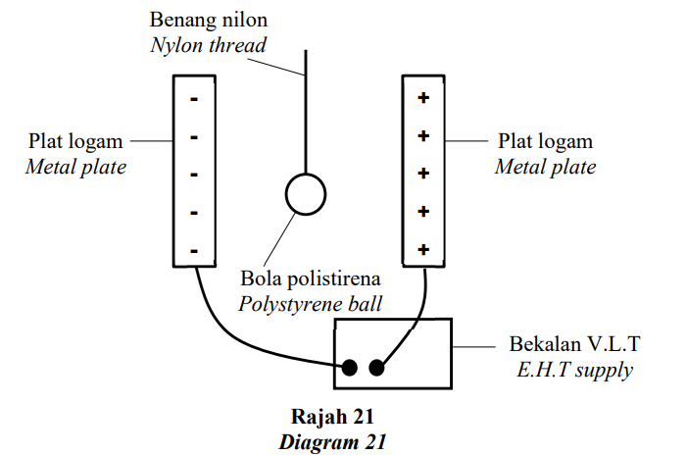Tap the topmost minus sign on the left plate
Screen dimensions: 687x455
click(194, 99)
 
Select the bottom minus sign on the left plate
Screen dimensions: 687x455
click(194, 251)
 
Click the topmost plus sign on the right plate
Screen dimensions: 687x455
click(423, 97)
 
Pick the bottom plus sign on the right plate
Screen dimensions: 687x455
click(423, 249)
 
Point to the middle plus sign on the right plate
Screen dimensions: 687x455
click(423, 174)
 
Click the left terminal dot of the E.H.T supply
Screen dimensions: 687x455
click(349, 368)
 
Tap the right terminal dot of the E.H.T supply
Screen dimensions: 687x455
click(376, 368)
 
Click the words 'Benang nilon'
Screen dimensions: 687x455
click(209, 21)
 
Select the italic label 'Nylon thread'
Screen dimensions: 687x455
click(209, 45)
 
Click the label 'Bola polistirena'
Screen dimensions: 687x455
click(311, 278)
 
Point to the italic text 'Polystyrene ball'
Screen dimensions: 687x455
click(311, 304)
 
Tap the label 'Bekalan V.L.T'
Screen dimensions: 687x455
click(574, 344)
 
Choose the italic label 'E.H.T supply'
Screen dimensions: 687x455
click(575, 370)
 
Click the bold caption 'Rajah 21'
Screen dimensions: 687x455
click(332, 417)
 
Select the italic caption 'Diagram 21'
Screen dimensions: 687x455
click(332, 442)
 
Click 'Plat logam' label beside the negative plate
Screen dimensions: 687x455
click(75, 141)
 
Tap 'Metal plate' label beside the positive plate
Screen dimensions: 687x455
click(546, 167)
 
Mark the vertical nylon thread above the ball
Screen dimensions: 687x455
click(306, 112)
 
